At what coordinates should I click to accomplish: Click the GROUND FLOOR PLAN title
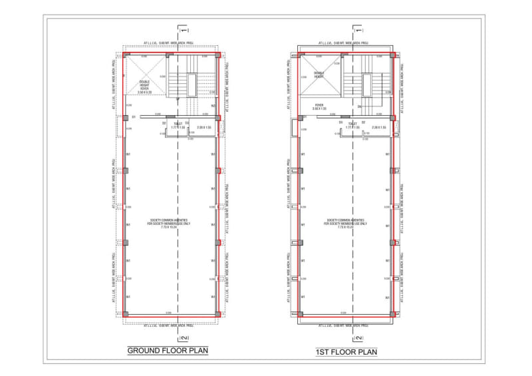pos(167,351)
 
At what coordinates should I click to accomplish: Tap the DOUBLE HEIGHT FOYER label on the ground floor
pos(144,86)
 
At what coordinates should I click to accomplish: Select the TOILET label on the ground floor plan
pos(178,124)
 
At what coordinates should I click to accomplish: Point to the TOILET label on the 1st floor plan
pos(352,124)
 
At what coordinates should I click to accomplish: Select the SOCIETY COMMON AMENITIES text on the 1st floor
pos(344,223)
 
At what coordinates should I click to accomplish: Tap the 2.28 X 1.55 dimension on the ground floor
pos(203,127)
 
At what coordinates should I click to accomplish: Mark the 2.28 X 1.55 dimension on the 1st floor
pos(380,127)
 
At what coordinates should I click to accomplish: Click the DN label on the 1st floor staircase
pos(359,106)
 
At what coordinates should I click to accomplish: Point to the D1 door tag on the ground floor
pos(134,117)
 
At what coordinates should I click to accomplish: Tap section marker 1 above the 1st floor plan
pos(360,31)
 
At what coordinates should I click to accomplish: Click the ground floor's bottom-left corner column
pos(125,313)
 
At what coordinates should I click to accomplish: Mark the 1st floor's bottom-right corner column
pos(392,313)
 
